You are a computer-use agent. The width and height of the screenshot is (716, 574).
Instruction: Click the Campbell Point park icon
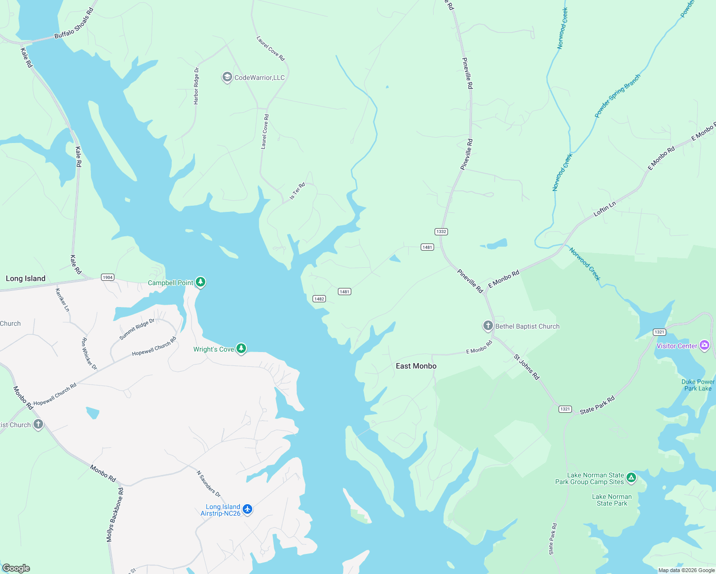pos(201,282)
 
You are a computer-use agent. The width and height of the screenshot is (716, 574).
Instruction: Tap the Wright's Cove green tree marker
pos(241,349)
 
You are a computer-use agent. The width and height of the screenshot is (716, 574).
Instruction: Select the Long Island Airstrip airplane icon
pos(247,509)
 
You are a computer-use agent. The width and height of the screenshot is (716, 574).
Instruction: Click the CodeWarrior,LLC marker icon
pos(227,77)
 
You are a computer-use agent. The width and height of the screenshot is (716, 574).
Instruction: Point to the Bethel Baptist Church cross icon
pos(488,326)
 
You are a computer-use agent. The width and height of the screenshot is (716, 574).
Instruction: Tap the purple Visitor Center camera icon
pos(704,345)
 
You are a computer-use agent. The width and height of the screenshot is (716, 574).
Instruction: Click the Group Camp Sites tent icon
pos(631,477)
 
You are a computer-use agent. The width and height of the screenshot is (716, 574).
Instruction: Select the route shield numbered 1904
pos(108,277)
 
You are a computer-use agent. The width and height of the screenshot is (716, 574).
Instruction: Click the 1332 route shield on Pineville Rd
pos(441,232)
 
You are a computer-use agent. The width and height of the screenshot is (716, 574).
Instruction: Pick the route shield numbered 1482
pos(319,299)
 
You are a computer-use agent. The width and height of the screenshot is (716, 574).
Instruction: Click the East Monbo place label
pos(416,366)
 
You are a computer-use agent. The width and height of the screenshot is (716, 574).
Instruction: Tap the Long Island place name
pos(25,278)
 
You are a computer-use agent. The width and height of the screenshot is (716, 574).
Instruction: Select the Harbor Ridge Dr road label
pos(196,86)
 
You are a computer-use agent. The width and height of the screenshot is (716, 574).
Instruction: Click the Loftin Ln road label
pos(604,209)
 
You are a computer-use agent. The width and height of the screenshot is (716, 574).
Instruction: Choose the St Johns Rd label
pos(526,367)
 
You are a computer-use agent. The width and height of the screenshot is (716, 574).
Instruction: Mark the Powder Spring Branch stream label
pos(617,96)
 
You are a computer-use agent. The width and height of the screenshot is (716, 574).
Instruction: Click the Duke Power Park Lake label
pos(698,385)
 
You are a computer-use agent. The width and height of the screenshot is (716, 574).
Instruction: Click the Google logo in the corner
pos(16,568)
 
